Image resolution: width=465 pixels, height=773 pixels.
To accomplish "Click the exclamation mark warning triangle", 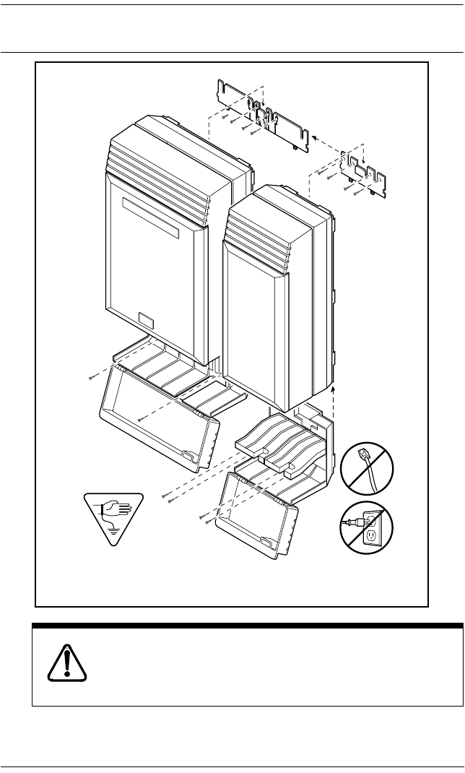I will [66, 659].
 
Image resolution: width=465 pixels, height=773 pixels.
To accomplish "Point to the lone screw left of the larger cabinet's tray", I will [90, 377].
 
